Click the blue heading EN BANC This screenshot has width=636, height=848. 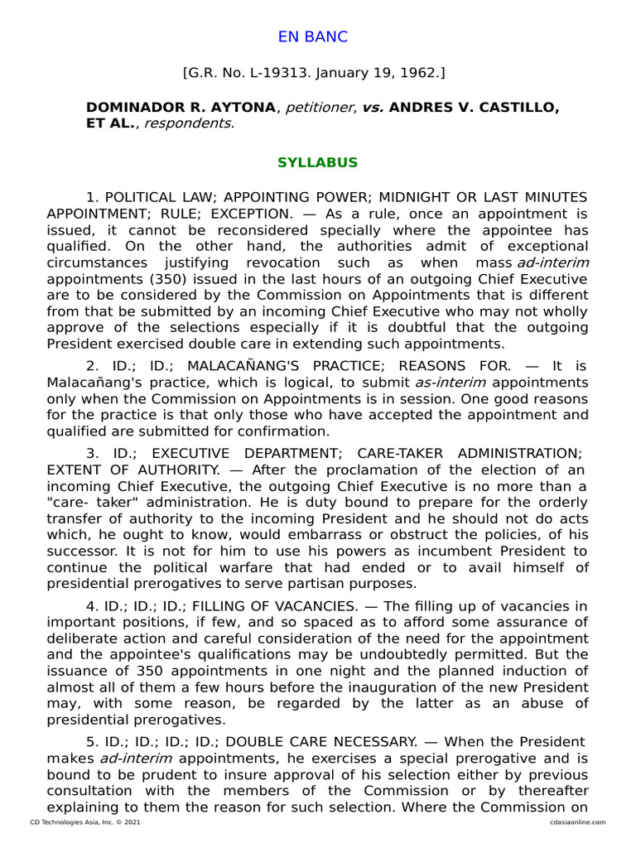click(x=312, y=37)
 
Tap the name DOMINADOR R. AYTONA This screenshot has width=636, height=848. click(x=181, y=108)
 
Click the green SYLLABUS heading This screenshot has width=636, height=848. click(x=317, y=162)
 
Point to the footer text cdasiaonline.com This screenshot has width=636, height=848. click(x=576, y=822)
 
